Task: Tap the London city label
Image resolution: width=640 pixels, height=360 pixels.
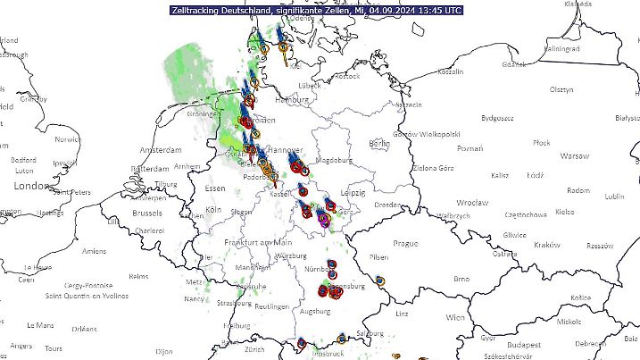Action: [32, 186]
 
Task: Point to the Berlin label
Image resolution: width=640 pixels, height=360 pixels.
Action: [379, 143]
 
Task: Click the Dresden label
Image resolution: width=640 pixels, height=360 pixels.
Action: [386, 205]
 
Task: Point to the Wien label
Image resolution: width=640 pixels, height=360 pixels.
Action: [455, 317]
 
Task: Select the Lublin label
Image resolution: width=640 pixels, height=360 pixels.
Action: [615, 196]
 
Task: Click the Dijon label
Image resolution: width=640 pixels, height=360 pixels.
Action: [163, 351]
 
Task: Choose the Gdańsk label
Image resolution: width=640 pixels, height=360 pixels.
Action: [514, 63]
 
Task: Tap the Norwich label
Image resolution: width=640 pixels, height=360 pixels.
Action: [67, 139]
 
